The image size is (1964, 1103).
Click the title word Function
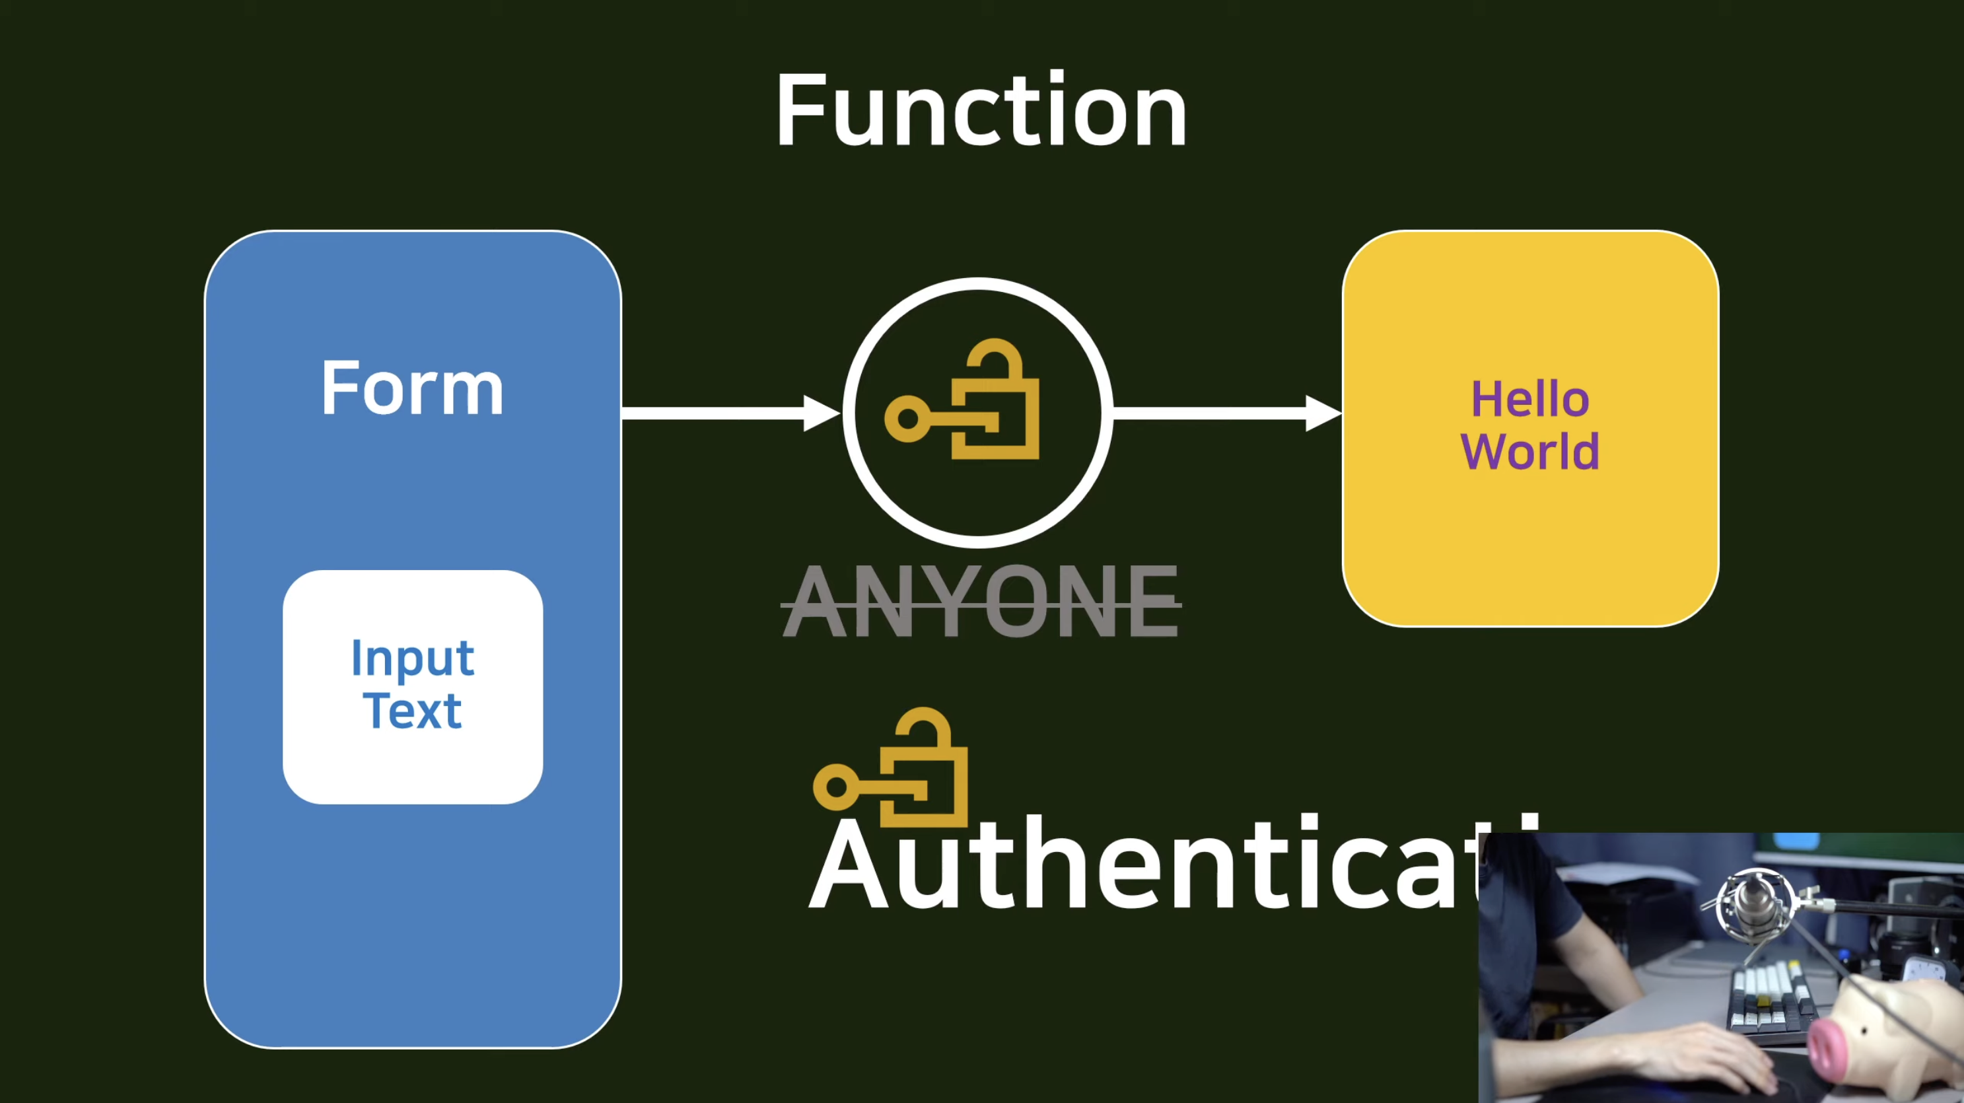click(981, 110)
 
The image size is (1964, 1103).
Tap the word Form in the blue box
click(413, 389)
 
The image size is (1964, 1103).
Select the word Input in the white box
click(413, 658)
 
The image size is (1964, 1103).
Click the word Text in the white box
click(413, 711)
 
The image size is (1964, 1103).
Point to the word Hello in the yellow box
click(1529, 399)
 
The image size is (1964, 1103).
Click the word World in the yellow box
click(1529, 451)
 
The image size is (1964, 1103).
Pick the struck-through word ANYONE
click(981, 602)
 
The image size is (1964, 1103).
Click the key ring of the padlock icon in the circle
click(908, 419)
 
